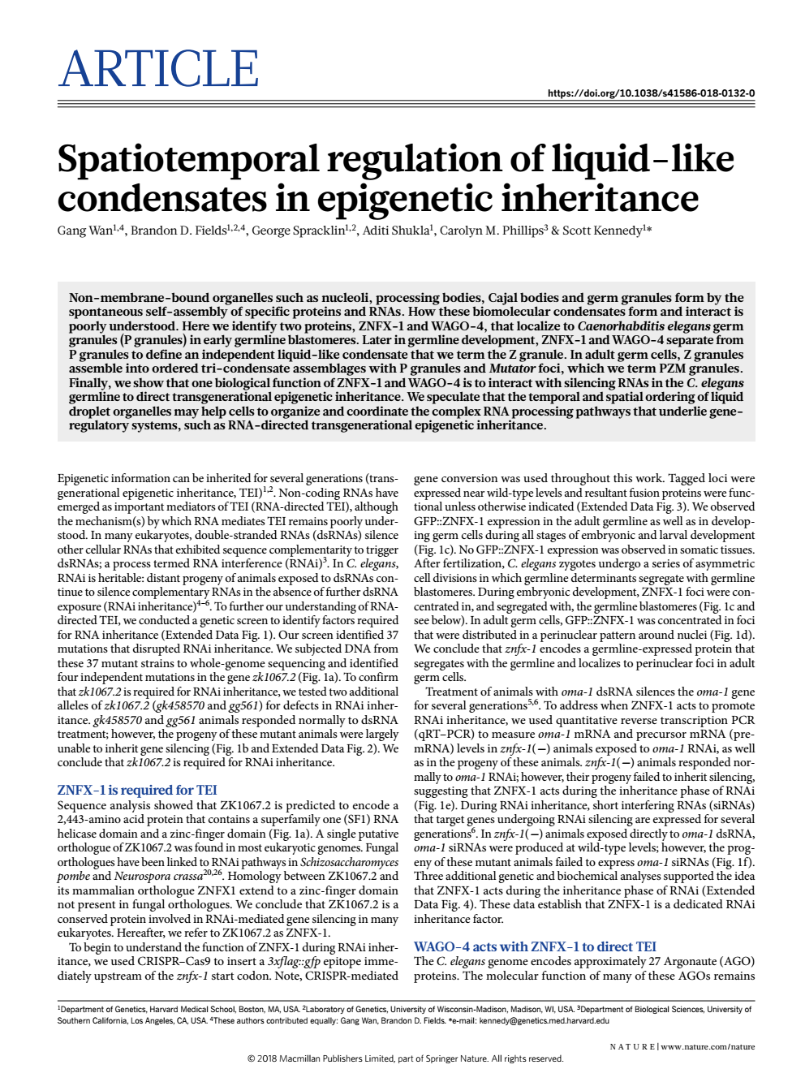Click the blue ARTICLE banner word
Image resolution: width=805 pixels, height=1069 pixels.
click(x=159, y=70)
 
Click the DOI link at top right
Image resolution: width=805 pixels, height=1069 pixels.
click(x=651, y=93)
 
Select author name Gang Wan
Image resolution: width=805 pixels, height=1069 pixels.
click(x=84, y=231)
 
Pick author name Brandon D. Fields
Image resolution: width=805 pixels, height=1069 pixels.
click(x=178, y=231)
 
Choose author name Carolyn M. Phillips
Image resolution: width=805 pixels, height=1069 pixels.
click(x=491, y=231)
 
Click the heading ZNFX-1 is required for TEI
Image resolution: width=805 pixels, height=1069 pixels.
click(x=137, y=790)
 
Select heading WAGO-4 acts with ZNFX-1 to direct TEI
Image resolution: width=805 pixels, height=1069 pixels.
click(x=535, y=946)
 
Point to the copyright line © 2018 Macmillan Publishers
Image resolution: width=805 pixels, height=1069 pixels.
click(x=405, y=1058)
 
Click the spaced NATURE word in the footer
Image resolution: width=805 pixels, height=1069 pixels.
click(x=631, y=1046)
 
